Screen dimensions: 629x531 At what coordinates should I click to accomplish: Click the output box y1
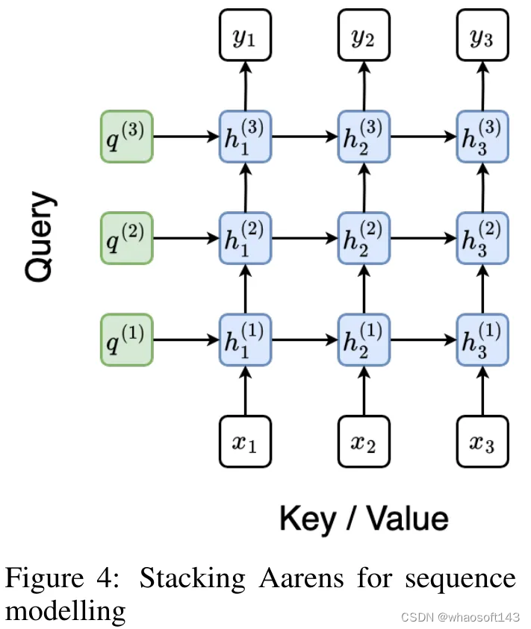(244, 35)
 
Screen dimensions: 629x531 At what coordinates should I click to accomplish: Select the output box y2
(363, 35)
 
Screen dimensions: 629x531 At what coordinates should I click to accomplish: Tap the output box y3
(482, 35)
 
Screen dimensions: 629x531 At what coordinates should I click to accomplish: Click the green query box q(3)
(127, 137)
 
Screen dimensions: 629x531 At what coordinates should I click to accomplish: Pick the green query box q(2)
(127, 238)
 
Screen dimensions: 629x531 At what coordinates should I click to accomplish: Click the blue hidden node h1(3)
(244, 137)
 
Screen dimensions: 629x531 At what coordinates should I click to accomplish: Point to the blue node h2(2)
(363, 239)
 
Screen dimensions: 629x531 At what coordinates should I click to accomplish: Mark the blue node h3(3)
(482, 137)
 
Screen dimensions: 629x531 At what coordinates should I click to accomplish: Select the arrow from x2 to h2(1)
(363, 391)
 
